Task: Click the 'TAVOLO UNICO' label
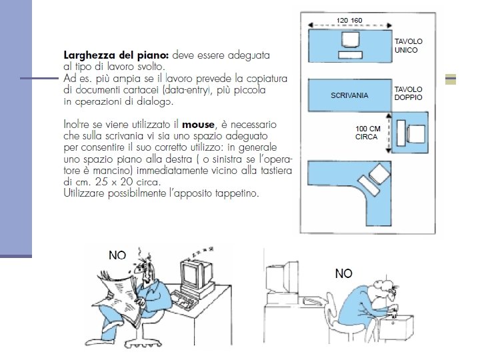[409, 45]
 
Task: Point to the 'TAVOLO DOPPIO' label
[409, 93]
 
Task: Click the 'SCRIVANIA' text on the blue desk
[349, 96]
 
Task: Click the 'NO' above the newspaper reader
[119, 254]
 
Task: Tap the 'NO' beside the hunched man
[344, 273]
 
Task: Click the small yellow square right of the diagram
[451, 80]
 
